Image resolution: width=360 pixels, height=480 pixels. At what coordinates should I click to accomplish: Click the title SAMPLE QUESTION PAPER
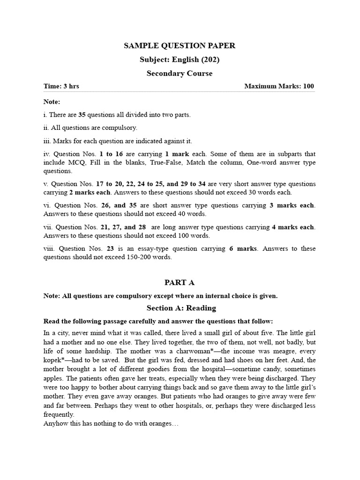(x=180, y=45)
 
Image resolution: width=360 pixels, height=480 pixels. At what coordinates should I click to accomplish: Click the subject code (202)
(x=210, y=60)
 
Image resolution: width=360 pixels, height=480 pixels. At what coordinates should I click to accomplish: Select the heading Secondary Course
(x=180, y=73)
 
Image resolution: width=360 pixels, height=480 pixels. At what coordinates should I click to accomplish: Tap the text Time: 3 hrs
(x=61, y=86)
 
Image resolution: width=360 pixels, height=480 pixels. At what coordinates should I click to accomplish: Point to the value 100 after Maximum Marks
(x=308, y=86)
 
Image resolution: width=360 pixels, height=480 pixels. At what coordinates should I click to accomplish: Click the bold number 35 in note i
(x=82, y=115)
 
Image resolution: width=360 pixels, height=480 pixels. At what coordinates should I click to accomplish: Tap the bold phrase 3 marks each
(x=295, y=205)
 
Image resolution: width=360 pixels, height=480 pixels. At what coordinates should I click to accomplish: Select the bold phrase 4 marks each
(x=294, y=227)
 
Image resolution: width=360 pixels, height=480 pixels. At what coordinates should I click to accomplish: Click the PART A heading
(x=180, y=282)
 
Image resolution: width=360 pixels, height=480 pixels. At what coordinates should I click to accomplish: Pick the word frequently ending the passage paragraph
(x=59, y=414)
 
